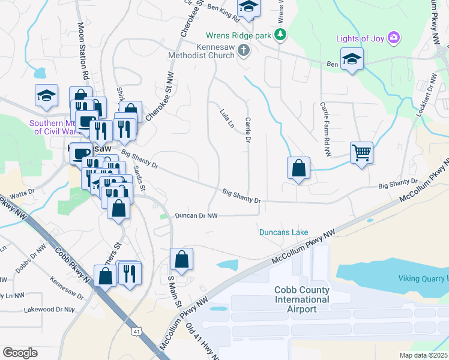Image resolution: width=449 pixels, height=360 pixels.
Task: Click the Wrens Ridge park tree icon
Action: coord(280,35)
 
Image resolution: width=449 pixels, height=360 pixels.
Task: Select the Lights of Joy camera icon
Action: coord(394,39)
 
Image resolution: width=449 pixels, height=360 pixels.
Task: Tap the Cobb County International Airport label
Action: coord(302,299)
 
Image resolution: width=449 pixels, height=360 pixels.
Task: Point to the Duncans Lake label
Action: coord(283,232)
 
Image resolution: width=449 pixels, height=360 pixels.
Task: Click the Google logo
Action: coord(20,352)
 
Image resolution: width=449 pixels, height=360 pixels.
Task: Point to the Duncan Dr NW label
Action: coord(196,215)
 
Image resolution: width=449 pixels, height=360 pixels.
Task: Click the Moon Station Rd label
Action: coord(83,52)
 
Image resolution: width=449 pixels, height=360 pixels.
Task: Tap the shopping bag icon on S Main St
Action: coord(181,259)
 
